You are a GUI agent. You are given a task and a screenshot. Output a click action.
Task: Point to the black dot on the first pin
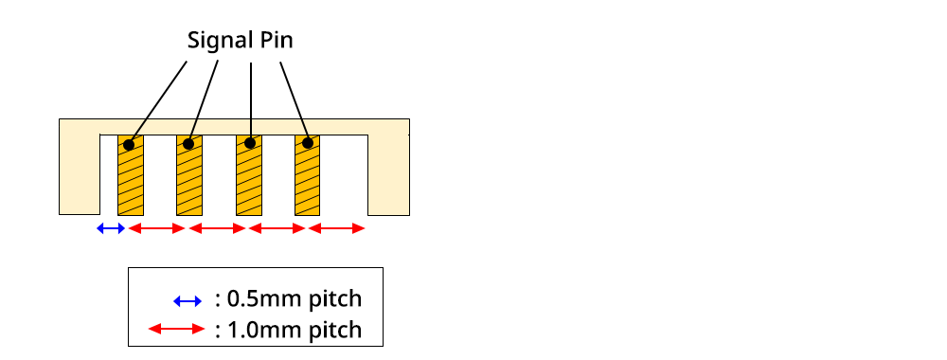coord(128,145)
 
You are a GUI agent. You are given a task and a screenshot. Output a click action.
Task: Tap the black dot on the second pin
coord(188,144)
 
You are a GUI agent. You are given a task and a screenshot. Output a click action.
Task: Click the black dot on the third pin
coord(250,144)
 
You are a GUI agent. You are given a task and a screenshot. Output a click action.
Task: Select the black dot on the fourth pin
coord(308,144)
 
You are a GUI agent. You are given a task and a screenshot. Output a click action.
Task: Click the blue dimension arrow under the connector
coord(112,228)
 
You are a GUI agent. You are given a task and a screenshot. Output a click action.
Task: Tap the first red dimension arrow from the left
coord(156,228)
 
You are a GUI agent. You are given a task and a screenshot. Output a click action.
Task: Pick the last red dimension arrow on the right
coord(337,228)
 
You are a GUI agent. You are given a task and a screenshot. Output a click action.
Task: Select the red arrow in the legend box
coord(177,330)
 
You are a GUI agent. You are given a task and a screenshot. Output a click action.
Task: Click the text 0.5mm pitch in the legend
coord(288,299)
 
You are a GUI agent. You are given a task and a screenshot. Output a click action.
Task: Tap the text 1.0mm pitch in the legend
coord(288,330)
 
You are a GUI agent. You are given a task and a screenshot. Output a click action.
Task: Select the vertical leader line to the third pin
coord(250,99)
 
